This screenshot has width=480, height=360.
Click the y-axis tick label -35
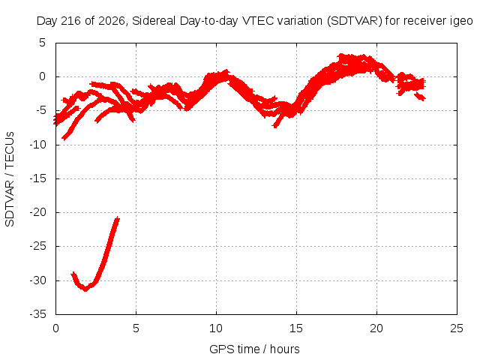click(x=38, y=314)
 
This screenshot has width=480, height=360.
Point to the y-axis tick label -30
click(x=38, y=280)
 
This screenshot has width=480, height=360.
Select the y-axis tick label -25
click(x=38, y=246)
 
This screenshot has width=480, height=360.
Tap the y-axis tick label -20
click(x=38, y=212)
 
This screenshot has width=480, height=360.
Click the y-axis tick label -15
click(x=38, y=178)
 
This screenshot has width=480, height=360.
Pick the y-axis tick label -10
click(x=38, y=145)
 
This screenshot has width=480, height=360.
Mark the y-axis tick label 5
click(x=42, y=43)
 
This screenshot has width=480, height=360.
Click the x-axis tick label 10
click(x=216, y=328)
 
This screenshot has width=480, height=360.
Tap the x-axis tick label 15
click(x=296, y=328)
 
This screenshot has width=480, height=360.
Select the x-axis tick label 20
click(x=376, y=328)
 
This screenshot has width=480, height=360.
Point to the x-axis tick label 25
click(x=457, y=328)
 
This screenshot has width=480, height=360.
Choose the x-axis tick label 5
click(x=136, y=328)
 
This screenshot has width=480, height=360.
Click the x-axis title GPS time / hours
click(x=254, y=349)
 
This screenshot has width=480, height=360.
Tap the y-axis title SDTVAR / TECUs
click(x=10, y=179)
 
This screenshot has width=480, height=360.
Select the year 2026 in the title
click(x=112, y=21)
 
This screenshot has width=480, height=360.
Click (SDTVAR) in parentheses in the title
click(x=355, y=21)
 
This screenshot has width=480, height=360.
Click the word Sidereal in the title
click(x=154, y=21)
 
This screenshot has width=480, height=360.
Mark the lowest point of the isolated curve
click(x=85, y=289)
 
